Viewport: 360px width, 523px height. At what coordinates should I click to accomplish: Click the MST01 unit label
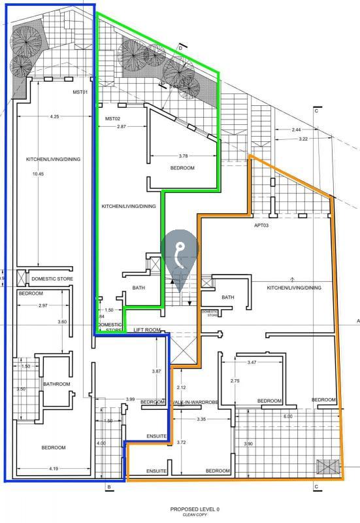(x=80, y=92)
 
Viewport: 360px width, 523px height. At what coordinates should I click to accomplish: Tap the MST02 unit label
(x=112, y=118)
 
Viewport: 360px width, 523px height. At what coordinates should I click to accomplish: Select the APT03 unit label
(x=262, y=224)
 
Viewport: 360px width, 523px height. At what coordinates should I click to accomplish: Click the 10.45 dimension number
(x=38, y=174)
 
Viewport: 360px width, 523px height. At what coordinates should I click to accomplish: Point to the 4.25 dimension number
(x=54, y=116)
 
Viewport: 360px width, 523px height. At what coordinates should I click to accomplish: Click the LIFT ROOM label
(x=146, y=329)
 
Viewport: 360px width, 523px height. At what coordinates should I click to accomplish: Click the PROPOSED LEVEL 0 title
(x=195, y=509)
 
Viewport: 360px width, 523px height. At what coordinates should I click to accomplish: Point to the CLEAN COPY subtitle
(x=195, y=515)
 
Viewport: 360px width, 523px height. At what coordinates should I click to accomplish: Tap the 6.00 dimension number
(x=287, y=416)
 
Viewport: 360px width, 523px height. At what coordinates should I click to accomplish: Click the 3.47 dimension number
(x=252, y=362)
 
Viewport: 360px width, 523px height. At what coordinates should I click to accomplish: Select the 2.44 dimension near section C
(x=297, y=129)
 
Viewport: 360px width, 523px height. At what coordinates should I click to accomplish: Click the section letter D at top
(x=180, y=47)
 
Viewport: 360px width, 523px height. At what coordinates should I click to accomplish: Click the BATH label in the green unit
(x=138, y=287)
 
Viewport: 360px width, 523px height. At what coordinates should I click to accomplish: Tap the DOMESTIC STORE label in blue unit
(x=52, y=279)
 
